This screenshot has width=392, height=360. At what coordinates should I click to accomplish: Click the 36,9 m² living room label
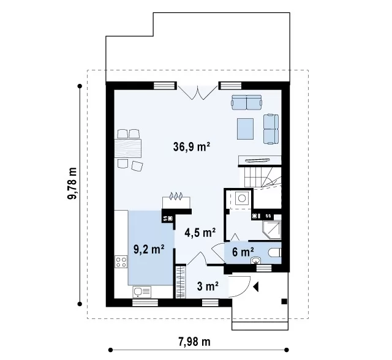(192, 147)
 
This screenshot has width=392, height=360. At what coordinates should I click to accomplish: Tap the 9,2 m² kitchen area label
(149, 249)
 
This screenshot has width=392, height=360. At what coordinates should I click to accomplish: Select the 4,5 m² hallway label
(200, 232)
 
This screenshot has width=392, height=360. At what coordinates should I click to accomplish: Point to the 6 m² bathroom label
(243, 252)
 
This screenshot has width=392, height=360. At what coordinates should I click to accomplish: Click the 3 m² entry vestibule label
(208, 287)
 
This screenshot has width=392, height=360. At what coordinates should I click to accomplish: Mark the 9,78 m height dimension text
(72, 183)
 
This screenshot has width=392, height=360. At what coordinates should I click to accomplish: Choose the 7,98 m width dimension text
(195, 342)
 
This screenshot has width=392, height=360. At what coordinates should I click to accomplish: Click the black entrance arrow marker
(255, 287)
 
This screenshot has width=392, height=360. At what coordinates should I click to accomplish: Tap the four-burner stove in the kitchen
(121, 262)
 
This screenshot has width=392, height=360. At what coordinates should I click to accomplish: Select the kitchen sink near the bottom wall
(142, 291)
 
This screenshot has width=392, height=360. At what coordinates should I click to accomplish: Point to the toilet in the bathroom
(275, 253)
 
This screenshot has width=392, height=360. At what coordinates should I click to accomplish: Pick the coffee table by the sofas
(245, 129)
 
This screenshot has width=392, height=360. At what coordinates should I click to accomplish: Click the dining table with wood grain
(128, 148)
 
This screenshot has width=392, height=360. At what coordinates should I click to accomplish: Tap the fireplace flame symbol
(176, 196)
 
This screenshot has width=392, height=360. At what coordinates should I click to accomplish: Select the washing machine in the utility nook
(242, 198)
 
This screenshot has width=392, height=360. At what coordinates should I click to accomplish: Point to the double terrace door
(197, 92)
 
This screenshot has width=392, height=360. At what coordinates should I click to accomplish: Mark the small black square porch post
(284, 302)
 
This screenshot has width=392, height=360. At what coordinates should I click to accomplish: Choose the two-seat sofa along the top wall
(246, 102)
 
